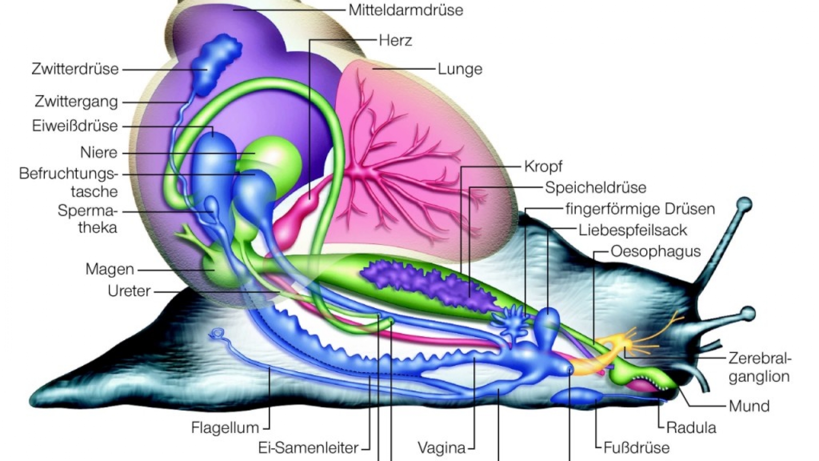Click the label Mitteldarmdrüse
tap(406, 10)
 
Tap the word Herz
tap(395, 41)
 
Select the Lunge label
tap(460, 69)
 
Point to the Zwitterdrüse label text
tap(75, 69)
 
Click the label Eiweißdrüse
tap(75, 126)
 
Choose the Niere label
tap(99, 152)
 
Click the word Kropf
tap(543, 166)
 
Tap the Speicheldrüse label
tap(595, 188)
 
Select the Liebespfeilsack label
tap(633, 230)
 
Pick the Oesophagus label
tap(656, 251)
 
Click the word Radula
tap(691, 427)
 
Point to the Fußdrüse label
tap(636, 448)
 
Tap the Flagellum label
tap(225, 427)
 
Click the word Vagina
tap(441, 448)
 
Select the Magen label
tap(110, 269)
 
